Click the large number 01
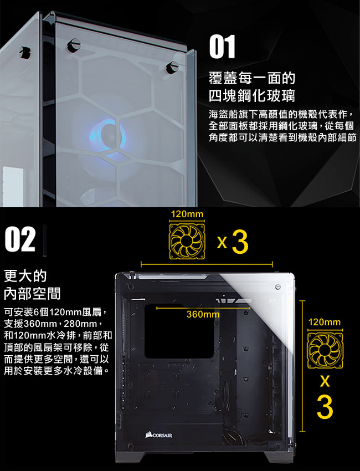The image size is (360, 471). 222,47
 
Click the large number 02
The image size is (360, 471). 20,239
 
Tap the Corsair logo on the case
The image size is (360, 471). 159,435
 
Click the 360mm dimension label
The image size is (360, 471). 203,315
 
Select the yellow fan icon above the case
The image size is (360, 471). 187,241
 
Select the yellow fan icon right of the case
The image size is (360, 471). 325,350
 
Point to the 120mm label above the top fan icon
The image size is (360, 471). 187,214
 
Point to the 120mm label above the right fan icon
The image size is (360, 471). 325,322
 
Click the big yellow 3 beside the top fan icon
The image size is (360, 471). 240,242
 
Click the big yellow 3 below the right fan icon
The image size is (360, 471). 325,407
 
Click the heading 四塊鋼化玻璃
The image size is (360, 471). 252,96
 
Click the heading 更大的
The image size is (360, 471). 25,276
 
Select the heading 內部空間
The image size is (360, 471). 32,294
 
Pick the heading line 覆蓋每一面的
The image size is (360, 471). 252,78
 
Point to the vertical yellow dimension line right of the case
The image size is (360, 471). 302,366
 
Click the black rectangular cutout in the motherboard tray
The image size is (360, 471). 179,331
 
